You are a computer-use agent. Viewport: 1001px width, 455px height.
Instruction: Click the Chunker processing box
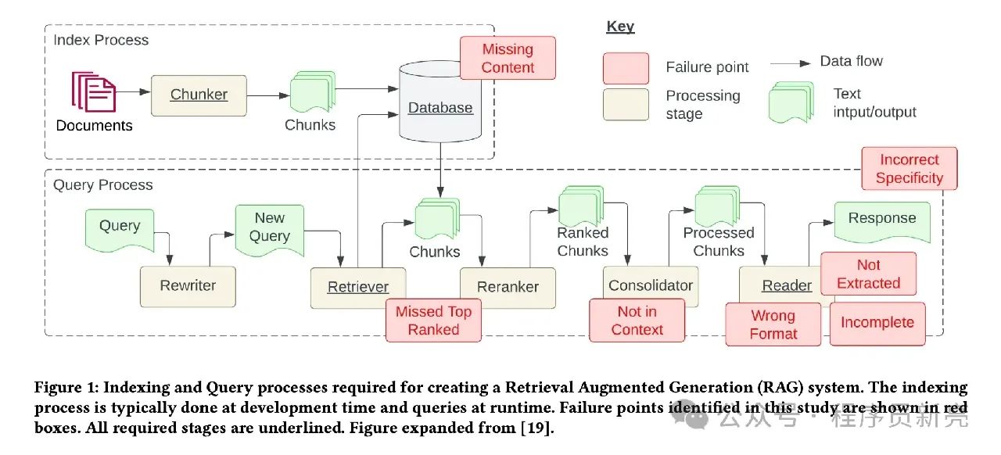pyautogui.click(x=199, y=95)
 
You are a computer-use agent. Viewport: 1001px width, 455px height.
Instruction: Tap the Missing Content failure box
pyautogui.click(x=508, y=58)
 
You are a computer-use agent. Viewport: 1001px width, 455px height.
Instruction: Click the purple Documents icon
pyautogui.click(x=94, y=91)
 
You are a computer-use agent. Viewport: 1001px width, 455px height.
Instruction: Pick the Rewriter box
pyautogui.click(x=188, y=286)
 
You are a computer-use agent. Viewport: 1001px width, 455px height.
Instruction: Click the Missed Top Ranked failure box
pyautogui.click(x=433, y=321)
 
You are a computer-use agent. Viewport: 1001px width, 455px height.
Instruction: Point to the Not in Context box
pyautogui.click(x=637, y=321)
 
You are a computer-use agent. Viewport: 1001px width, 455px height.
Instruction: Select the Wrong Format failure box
pyautogui.click(x=773, y=324)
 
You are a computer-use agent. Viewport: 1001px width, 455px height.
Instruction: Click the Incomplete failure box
pyautogui.click(x=877, y=324)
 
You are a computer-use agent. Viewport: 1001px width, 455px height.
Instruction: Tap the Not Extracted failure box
pyautogui.click(x=868, y=274)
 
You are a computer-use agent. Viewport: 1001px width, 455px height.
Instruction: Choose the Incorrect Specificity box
pyautogui.click(x=910, y=169)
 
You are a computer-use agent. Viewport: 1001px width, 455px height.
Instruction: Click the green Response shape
pyautogui.click(x=882, y=222)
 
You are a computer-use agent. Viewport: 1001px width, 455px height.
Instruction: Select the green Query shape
pyautogui.click(x=120, y=230)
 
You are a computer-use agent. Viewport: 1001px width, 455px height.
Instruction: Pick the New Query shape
pyautogui.click(x=270, y=230)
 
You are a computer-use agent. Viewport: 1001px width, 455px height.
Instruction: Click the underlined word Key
pyautogui.click(x=620, y=27)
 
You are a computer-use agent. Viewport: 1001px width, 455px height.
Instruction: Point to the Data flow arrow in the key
pyautogui.click(x=790, y=63)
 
